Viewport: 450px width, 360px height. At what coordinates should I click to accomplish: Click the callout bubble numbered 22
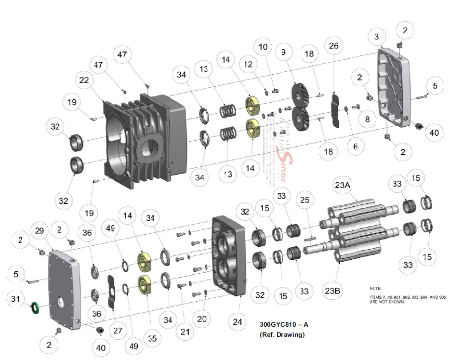[x=85, y=80]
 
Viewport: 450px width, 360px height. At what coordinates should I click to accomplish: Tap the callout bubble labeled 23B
[x=334, y=291]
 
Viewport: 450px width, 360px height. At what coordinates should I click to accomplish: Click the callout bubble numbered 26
[x=333, y=46]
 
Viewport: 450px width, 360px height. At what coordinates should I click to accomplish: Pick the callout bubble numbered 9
[x=283, y=51]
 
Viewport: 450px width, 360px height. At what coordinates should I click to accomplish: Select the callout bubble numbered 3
[x=376, y=37]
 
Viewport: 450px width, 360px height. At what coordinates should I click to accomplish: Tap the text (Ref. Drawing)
[x=282, y=334]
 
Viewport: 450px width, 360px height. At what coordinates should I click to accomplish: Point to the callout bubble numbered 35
[x=152, y=338]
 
